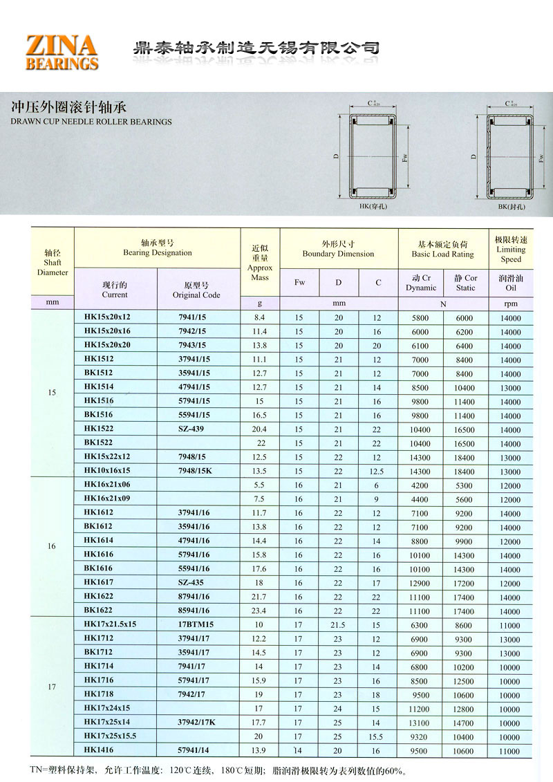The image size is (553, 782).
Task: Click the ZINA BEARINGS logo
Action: pyautogui.click(x=62, y=53)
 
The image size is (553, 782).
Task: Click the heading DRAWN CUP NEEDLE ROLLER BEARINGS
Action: pyautogui.click(x=91, y=122)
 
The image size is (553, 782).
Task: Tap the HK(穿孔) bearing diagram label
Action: pyautogui.click(x=374, y=207)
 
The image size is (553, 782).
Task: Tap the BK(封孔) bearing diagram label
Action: pyautogui.click(x=512, y=207)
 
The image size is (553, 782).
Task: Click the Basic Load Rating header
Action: pyautogui.click(x=442, y=249)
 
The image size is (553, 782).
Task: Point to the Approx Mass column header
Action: pyautogui.click(x=260, y=263)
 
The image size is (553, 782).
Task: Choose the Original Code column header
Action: pyautogui.click(x=196, y=290)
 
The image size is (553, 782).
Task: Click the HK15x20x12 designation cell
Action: pyautogui.click(x=106, y=317)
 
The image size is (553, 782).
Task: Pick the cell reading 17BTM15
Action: pyautogui.click(x=196, y=624)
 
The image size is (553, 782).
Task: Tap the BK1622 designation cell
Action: pyautogui.click(x=97, y=611)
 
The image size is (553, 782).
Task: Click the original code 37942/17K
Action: pyautogui.click(x=197, y=722)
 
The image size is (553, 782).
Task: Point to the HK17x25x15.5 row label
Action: pyautogui.click(x=111, y=736)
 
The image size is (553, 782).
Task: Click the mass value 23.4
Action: pyautogui.click(x=260, y=611)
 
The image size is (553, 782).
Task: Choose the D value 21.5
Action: pyautogui.click(x=339, y=624)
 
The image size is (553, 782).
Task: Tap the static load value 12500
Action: pyautogui.click(x=465, y=680)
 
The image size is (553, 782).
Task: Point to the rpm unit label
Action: pyautogui.click(x=511, y=303)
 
